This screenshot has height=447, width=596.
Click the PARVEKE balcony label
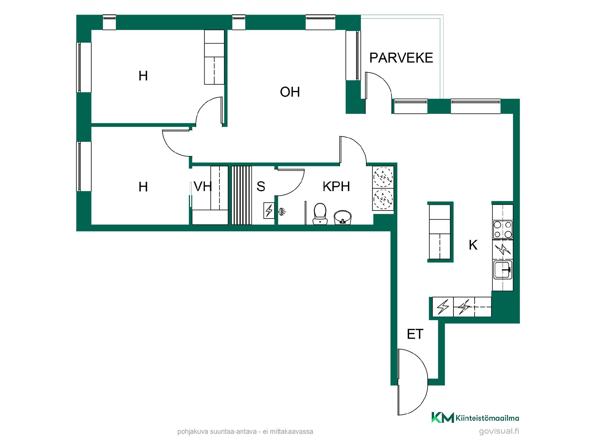pyautogui.click(x=401, y=58)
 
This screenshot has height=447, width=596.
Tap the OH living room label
pyautogui.click(x=290, y=92)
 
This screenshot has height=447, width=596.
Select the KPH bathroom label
pyautogui.click(x=336, y=187)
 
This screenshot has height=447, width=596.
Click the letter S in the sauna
pyautogui.click(x=261, y=186)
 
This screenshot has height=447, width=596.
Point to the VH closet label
pyautogui.click(x=203, y=187)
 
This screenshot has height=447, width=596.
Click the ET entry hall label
pyautogui.click(x=415, y=334)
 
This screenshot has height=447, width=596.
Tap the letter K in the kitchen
pyautogui.click(x=473, y=245)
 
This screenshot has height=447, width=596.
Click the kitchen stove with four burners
pyautogui.click(x=503, y=229)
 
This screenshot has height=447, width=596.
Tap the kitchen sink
pyautogui.click(x=503, y=270)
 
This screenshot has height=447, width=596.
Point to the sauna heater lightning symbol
pyautogui.click(x=269, y=211)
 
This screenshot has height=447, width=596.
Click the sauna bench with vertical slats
pyautogui.click(x=242, y=195)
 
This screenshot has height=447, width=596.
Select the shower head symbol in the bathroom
pyautogui.click(x=282, y=212)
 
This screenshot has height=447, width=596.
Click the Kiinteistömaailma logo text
pyautogui.click(x=487, y=418)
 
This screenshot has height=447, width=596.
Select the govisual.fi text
pyautogui.click(x=499, y=431)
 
